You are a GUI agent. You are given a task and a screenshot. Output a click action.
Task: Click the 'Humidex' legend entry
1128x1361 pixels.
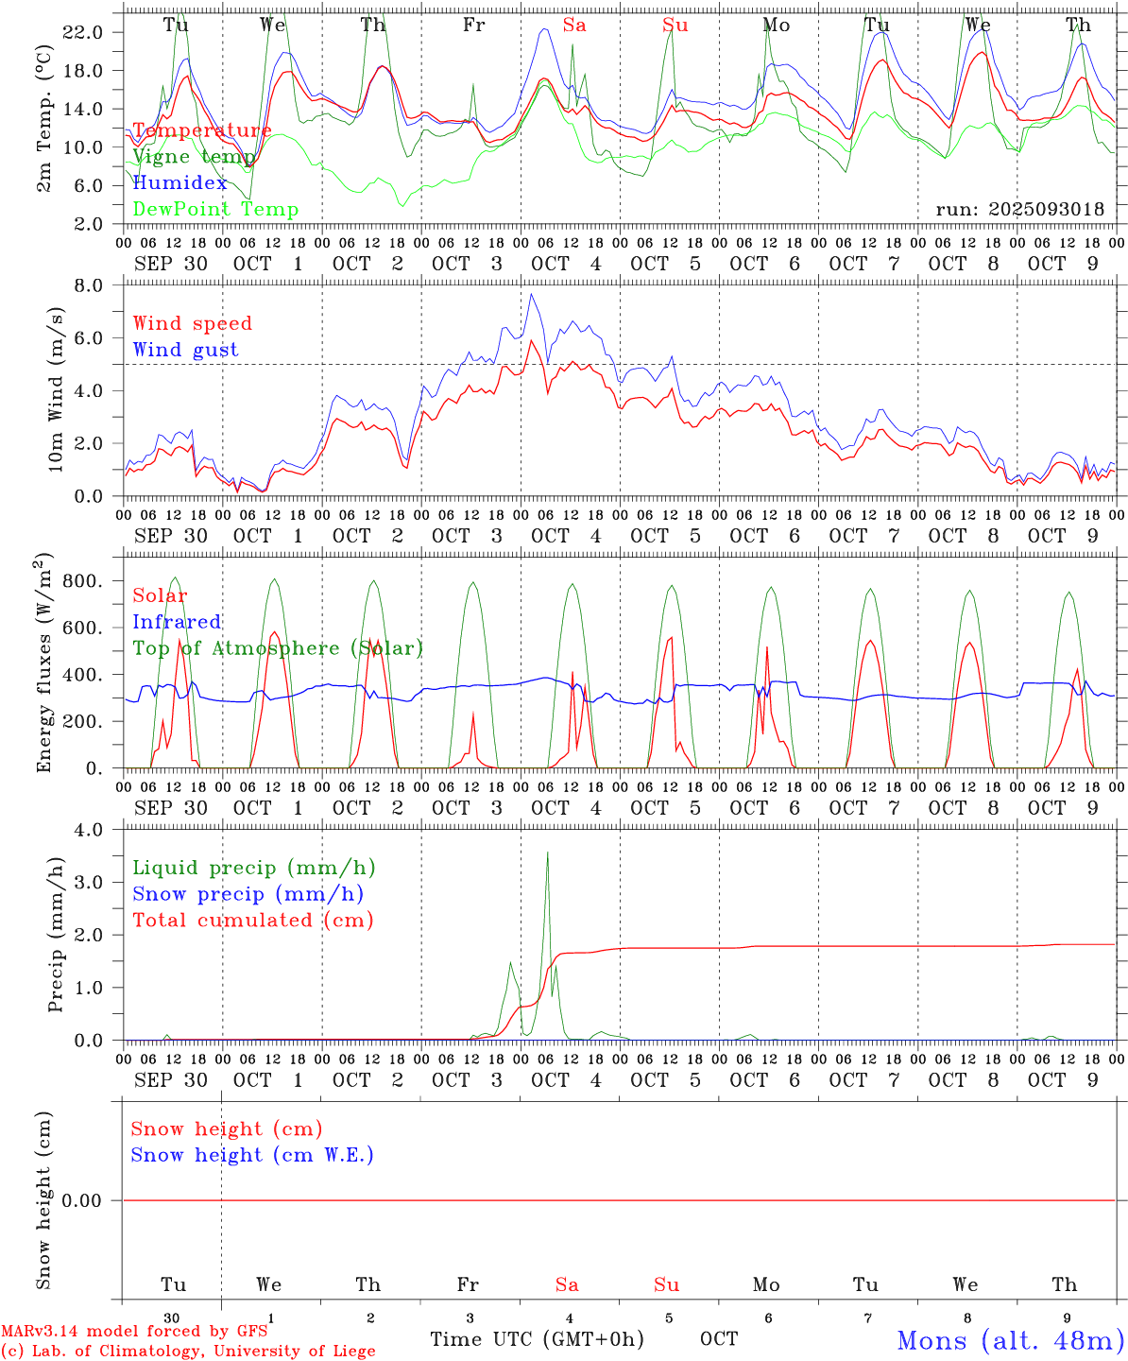click(x=179, y=183)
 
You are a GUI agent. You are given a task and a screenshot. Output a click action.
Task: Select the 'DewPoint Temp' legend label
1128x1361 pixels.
click(x=215, y=210)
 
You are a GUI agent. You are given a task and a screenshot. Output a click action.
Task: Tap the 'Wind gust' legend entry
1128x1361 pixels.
click(x=185, y=350)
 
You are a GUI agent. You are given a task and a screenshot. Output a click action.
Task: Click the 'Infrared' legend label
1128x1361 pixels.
click(x=177, y=622)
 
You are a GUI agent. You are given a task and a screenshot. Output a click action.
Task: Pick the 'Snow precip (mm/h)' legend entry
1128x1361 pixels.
click(x=248, y=894)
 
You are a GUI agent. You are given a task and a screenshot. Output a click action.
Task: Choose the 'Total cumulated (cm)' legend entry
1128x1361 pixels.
click(x=252, y=921)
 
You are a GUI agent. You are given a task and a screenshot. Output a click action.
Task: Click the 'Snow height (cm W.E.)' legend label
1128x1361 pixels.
click(x=252, y=1155)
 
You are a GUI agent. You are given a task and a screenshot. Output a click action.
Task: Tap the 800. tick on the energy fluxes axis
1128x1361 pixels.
click(x=81, y=581)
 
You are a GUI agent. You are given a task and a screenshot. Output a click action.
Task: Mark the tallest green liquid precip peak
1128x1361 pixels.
click(x=547, y=853)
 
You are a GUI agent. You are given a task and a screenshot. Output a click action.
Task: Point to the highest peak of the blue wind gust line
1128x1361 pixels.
click(x=532, y=295)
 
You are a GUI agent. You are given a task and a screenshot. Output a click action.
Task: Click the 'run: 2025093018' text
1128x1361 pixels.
click(x=1019, y=210)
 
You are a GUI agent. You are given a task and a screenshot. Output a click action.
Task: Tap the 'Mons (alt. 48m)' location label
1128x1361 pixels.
click(x=1010, y=1340)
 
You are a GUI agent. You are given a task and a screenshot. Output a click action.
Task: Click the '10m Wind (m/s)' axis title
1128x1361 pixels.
click(x=57, y=391)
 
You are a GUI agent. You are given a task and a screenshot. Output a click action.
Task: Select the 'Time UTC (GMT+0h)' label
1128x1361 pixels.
click(x=537, y=1339)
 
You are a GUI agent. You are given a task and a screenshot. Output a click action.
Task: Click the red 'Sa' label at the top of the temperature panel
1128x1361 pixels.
click(x=574, y=26)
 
